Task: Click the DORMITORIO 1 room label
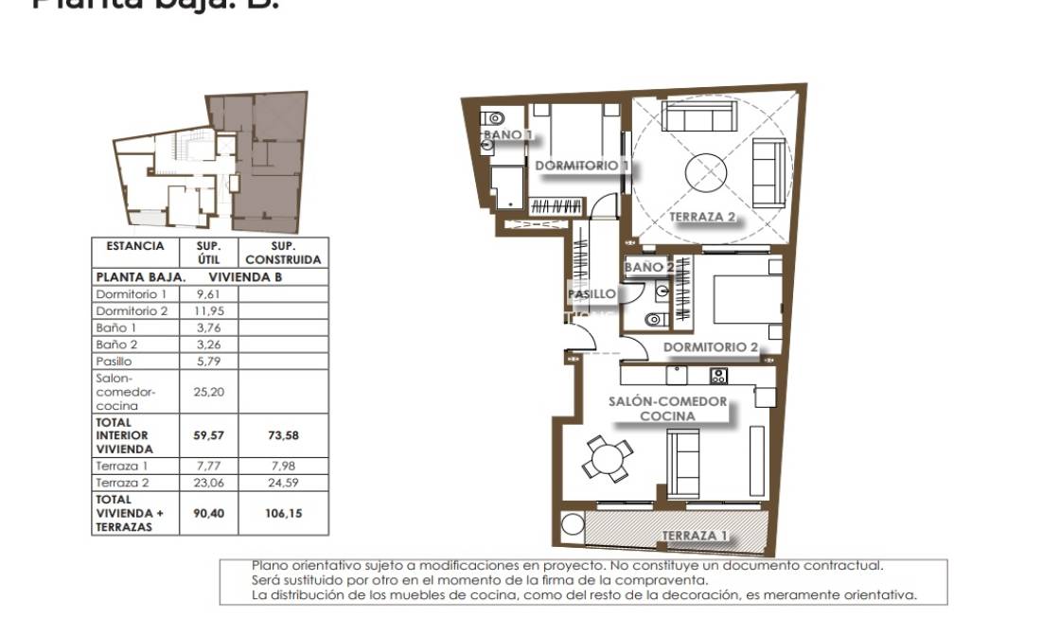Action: [x=583, y=166]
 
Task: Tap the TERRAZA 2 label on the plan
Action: [x=703, y=217]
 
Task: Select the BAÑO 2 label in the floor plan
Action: [x=648, y=268]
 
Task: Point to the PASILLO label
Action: [x=592, y=294]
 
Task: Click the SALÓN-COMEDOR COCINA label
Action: [x=667, y=408]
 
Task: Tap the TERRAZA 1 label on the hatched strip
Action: [x=695, y=536]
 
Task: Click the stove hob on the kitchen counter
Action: [x=717, y=376]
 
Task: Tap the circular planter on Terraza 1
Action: [x=573, y=526]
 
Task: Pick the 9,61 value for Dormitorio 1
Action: [x=207, y=294]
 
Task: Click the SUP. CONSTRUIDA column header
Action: [x=282, y=252]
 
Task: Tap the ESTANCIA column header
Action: [x=135, y=246]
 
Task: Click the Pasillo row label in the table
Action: [x=115, y=362]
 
